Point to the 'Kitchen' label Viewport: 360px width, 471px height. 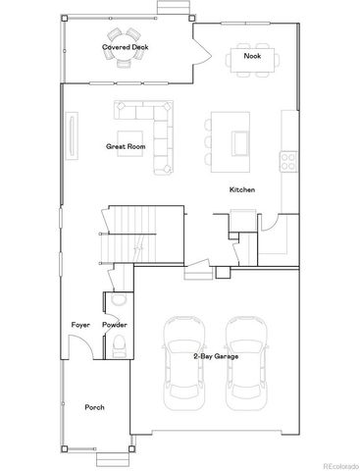(x=242, y=189)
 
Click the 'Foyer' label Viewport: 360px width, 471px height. (x=79, y=324)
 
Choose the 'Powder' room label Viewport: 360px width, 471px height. (x=115, y=324)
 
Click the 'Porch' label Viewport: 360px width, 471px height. (x=94, y=406)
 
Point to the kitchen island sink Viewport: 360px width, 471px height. (x=239, y=143)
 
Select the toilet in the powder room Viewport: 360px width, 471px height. (x=118, y=342)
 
